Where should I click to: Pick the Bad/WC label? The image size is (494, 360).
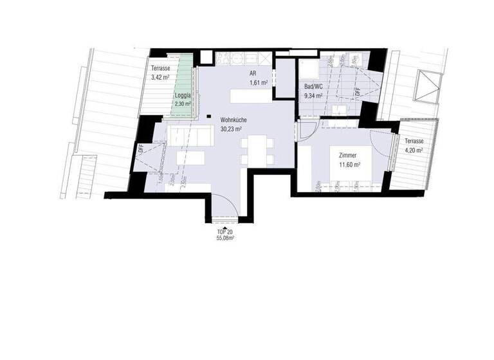[313, 87]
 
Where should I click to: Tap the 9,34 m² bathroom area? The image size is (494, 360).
[313, 96]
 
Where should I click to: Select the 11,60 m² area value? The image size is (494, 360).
[347, 165]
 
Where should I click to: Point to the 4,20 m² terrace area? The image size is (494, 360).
[414, 150]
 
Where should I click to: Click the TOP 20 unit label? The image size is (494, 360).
[225, 230]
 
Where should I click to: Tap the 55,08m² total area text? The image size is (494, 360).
[225, 237]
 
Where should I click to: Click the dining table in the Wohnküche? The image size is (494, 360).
[257, 150]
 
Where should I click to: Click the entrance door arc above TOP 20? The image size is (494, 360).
[224, 207]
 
